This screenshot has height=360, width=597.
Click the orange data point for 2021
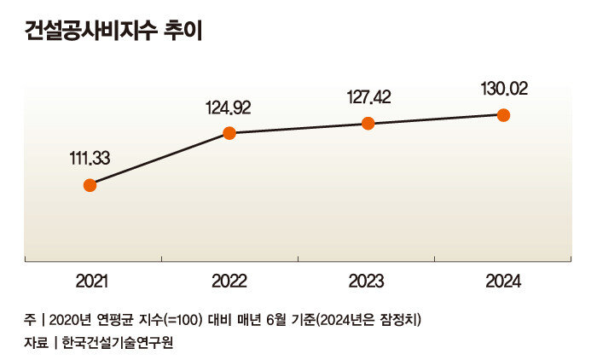(90, 185)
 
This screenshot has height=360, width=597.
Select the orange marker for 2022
(229, 132)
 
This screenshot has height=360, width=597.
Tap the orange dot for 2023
(368, 123)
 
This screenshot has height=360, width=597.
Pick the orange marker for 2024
(503, 114)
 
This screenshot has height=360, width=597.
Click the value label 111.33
(90, 158)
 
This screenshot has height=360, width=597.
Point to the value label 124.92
(228, 107)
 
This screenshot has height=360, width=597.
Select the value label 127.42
(368, 96)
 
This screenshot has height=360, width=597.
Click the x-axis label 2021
(91, 281)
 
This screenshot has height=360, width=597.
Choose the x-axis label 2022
(229, 281)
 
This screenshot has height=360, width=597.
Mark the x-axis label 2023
(367, 281)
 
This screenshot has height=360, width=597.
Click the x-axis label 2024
(503, 281)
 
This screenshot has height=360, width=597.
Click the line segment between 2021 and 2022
(159, 159)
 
